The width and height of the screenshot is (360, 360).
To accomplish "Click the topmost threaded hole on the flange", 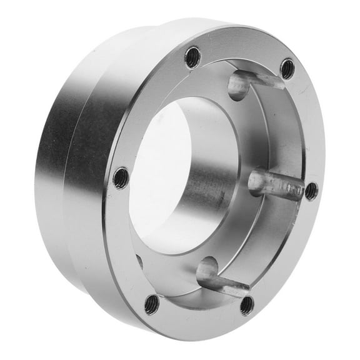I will pos(192,58).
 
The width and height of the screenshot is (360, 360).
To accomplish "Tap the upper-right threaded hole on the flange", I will pos(287,68).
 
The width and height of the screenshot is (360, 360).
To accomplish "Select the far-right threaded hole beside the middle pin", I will pos(311,191).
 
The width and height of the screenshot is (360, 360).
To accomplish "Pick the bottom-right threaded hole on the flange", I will pos(247,305).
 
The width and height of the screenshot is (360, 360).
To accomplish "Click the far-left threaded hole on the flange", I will pos(121,178).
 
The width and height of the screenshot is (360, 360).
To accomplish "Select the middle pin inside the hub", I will pos(275,186).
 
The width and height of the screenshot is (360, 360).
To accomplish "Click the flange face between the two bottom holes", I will pos(199,312).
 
